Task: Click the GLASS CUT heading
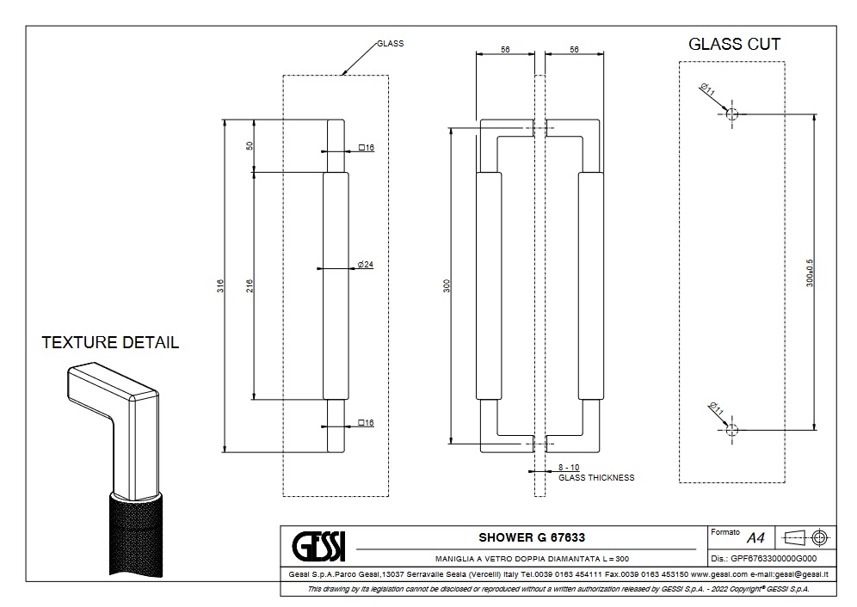point(734,44)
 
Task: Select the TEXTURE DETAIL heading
point(110,342)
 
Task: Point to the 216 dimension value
point(250,285)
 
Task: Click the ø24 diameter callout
point(365,264)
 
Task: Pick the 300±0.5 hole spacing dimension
point(810,273)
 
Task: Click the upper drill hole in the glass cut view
point(731,113)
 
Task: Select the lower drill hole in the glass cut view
point(731,428)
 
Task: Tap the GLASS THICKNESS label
point(596,478)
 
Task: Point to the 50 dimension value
point(250,145)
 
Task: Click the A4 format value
point(755,538)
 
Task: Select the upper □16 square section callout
point(366,148)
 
